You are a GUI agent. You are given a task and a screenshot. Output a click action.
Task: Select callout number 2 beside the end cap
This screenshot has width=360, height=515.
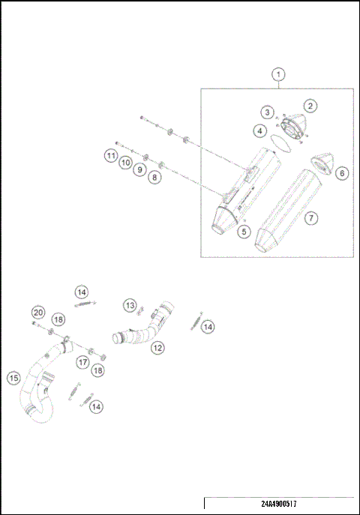click(309, 106)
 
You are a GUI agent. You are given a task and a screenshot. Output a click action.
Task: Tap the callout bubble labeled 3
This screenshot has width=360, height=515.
click(267, 112)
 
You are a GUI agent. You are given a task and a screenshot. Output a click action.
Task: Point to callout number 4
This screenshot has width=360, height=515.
click(259, 130)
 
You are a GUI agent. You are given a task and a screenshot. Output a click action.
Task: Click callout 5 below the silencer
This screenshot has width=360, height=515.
click(244, 232)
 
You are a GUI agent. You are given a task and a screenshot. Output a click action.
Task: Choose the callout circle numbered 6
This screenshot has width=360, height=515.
click(342, 173)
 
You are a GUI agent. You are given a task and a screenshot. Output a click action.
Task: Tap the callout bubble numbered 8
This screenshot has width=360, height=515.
click(154, 178)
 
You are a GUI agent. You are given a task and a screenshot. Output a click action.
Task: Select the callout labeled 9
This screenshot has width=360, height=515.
click(139, 170)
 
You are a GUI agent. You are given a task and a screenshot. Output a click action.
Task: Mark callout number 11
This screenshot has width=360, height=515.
click(111, 156)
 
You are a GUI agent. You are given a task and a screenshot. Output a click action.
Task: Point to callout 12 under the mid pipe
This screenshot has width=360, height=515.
click(157, 348)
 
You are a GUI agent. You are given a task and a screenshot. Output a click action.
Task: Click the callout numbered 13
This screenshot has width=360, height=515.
click(130, 305)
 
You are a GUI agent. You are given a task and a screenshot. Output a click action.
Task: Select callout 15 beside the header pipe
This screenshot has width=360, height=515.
click(13, 378)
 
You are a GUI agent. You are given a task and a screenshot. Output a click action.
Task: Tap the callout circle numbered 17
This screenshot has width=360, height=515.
click(83, 361)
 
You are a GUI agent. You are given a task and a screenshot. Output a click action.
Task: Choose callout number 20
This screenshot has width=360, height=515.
click(37, 313)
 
